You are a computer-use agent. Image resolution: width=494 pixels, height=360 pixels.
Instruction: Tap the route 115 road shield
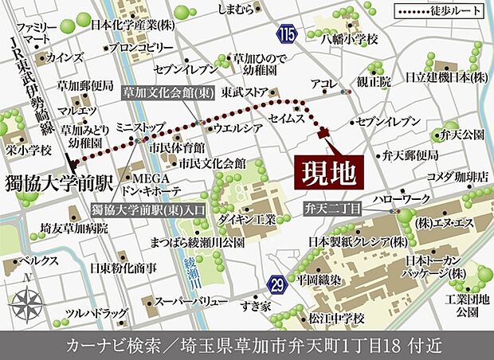click(287, 34)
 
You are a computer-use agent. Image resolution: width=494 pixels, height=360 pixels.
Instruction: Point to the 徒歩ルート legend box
click(435, 12)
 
